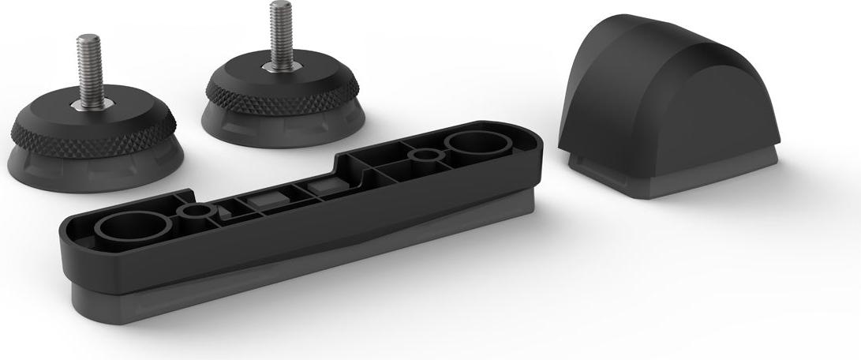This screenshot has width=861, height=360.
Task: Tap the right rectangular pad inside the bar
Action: click(323, 186)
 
